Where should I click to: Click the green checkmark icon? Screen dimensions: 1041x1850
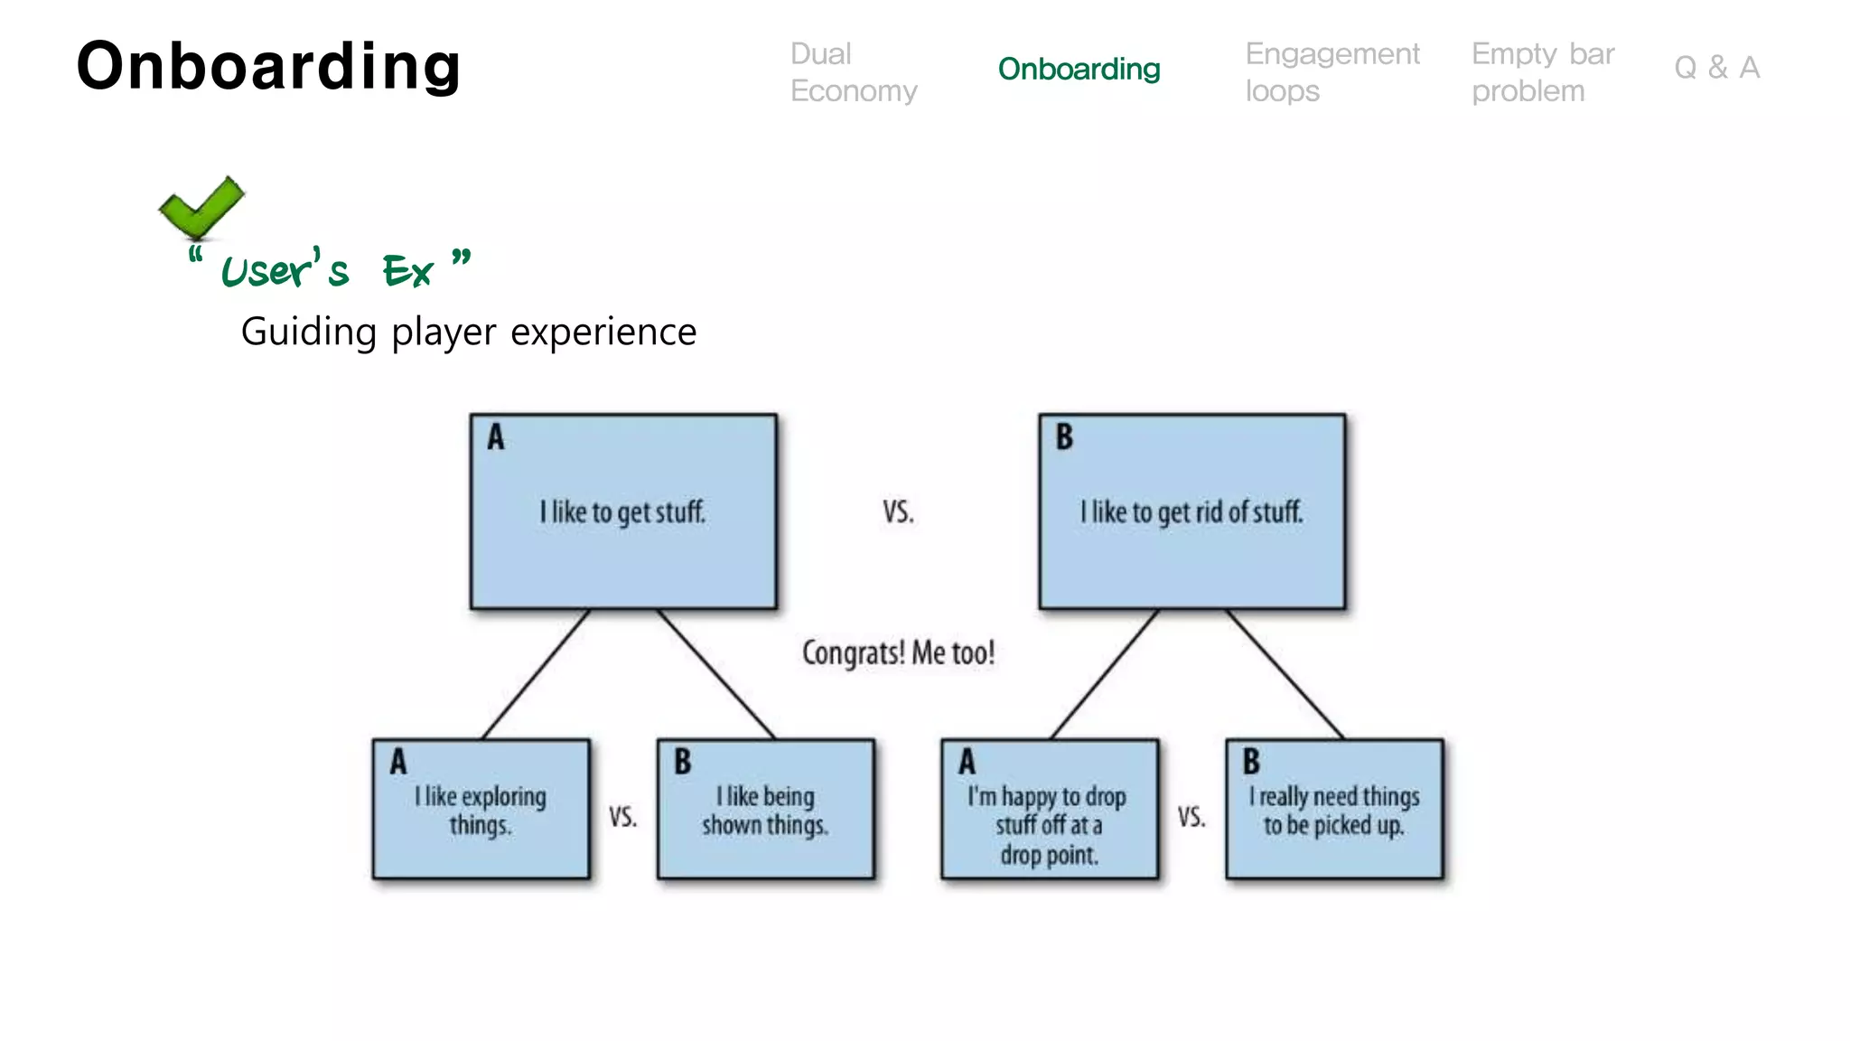[x=201, y=208]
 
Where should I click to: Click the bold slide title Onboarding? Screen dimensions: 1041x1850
[x=268, y=66]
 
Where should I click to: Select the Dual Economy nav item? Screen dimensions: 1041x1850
[x=853, y=72]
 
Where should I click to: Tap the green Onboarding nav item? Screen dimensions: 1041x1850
[x=1079, y=69]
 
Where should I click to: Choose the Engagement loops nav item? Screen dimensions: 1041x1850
[x=1331, y=72]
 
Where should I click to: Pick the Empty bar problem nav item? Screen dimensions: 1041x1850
[x=1542, y=72]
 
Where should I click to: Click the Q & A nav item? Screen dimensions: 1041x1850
[x=1716, y=68]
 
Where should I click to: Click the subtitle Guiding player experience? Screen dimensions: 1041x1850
[x=468, y=332]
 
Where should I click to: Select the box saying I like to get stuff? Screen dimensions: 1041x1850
[x=622, y=511]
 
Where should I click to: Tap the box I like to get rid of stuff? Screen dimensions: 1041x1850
[x=1191, y=511]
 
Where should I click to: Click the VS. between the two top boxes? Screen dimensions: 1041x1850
[x=898, y=512]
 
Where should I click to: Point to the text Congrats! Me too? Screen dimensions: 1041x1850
[x=898, y=652]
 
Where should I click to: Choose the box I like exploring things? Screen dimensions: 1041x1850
[x=481, y=810]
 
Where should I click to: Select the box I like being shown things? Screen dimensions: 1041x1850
[x=765, y=810]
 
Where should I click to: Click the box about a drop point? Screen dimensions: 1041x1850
[x=1049, y=810]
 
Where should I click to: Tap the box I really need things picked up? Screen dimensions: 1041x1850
[x=1333, y=810]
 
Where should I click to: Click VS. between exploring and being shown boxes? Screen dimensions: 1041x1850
[x=622, y=817]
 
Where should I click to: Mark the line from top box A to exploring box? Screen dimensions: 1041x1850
[x=536, y=674]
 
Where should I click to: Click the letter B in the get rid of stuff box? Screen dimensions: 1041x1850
[x=1064, y=437]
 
